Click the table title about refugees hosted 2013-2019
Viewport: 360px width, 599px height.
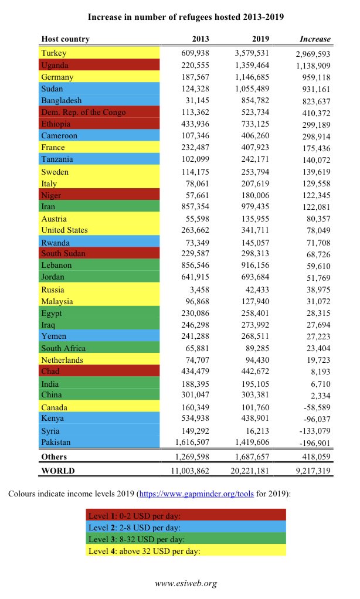pos(185,17)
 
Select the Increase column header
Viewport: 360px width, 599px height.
pos(315,39)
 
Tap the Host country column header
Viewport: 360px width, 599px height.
pos(66,39)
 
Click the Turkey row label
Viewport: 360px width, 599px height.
pos(53,53)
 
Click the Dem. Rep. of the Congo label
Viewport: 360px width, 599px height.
pos(83,113)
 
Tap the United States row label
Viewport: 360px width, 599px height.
pos(64,230)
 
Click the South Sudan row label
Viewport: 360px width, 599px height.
pos(63,253)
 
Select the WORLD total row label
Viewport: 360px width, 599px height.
pos(58,471)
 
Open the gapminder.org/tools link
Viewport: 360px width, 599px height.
pos(196,494)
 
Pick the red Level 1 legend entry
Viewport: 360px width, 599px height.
pos(186,516)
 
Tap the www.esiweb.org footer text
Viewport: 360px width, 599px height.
pos(185,583)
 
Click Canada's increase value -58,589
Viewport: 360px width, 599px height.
pos(314,407)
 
